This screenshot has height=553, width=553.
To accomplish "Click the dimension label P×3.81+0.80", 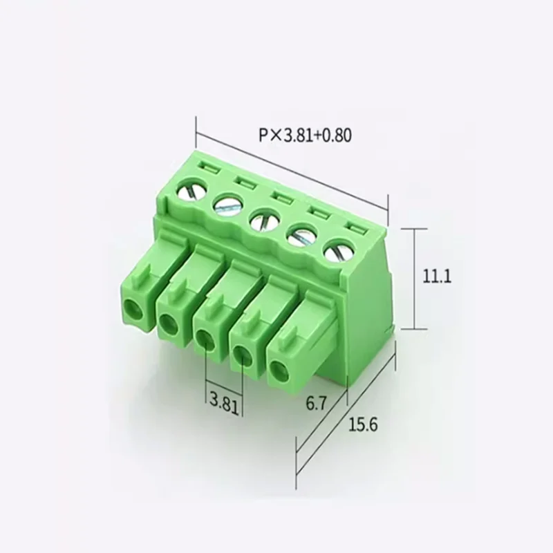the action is [x=306, y=135].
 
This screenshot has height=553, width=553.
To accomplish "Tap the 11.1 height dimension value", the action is [x=437, y=276].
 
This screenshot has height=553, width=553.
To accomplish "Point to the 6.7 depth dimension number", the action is [x=317, y=404].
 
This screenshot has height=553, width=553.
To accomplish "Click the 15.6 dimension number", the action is [x=363, y=424].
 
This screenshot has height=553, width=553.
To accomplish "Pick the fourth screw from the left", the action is [x=301, y=237].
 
